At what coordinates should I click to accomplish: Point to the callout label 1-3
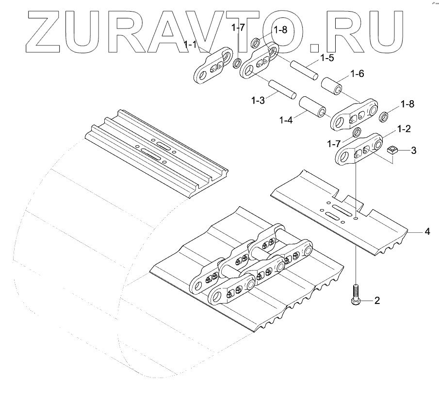pos(258,100)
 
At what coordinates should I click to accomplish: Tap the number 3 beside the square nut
pos(413,151)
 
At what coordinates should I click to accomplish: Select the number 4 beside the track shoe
pos(427,232)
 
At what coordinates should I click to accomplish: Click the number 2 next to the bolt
pos(376,301)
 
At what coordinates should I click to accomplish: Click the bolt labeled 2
pos(356,294)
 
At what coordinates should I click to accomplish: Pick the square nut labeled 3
pos(393,151)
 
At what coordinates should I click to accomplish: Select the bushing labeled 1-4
pos(313,108)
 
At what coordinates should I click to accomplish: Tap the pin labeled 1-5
pos(304,69)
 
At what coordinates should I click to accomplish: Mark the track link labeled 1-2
pos(359,150)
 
